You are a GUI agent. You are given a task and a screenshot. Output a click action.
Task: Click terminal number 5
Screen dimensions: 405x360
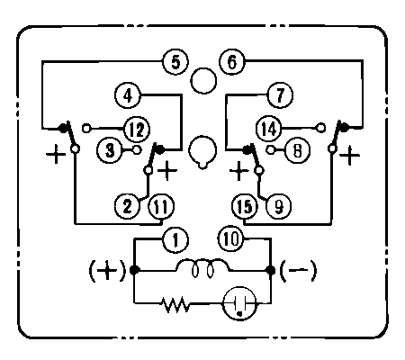[175, 62]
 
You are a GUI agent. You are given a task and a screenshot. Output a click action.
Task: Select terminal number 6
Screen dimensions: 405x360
[232, 62]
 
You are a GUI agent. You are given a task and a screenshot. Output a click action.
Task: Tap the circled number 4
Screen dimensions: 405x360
[128, 96]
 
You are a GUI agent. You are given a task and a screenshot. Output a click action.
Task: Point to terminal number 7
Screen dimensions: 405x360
[280, 95]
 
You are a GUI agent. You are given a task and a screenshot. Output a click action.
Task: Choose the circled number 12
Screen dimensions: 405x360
[137, 130]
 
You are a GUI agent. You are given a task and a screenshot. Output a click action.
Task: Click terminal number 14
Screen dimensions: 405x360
[269, 130]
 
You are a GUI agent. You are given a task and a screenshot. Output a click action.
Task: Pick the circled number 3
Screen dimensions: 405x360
[110, 150]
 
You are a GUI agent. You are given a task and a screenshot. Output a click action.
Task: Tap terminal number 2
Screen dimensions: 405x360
[128, 206]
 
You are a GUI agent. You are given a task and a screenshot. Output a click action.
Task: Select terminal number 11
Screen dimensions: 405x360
[162, 207]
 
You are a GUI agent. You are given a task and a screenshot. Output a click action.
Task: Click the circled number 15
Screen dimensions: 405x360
[245, 207]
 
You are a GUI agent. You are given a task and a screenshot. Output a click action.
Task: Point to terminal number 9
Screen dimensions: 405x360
[279, 206]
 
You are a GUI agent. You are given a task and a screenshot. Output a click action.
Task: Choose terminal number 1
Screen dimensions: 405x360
[175, 240]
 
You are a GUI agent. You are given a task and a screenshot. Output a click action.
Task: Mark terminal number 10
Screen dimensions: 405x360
[231, 239]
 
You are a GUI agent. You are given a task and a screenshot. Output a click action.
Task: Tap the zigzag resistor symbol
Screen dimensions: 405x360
[175, 305]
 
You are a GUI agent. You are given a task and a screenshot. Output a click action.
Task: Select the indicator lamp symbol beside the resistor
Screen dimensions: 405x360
[239, 304]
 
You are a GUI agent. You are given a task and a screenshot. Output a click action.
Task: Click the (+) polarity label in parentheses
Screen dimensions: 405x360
[107, 271]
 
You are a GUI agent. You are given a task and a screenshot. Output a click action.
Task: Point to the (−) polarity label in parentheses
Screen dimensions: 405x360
[298, 271]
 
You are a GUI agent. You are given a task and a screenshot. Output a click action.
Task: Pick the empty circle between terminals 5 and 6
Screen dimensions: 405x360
[203, 81]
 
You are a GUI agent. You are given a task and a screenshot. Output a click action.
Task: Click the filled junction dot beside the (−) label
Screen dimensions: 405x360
[271, 271]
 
